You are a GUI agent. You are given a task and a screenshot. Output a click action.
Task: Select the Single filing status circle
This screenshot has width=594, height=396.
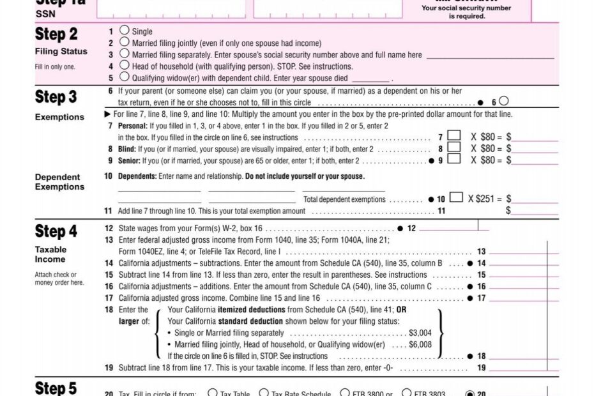coord(125,31)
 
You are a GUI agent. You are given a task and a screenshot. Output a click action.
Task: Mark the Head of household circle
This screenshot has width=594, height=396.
coord(125,66)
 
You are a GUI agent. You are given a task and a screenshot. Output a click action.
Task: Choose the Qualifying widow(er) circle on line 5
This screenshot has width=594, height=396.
coord(125,77)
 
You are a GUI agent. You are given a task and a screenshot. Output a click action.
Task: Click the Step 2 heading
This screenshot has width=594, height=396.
coord(56,34)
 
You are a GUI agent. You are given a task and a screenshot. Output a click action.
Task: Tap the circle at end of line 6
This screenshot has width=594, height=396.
coord(504,101)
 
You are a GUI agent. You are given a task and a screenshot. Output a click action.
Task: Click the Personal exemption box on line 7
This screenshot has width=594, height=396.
coord(454,136)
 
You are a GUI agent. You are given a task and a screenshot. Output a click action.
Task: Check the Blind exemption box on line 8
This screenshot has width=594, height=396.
coord(454,148)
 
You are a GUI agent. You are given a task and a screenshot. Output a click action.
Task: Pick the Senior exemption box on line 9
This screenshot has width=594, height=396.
coord(454,159)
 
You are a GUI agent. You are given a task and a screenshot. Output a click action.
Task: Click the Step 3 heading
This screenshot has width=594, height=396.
coord(56,97)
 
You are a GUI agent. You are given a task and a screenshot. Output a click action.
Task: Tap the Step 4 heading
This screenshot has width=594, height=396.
coord(56,231)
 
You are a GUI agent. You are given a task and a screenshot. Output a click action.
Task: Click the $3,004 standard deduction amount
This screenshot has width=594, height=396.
coord(420,333)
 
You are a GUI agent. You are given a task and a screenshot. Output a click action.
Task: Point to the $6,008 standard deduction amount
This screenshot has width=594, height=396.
coord(420,344)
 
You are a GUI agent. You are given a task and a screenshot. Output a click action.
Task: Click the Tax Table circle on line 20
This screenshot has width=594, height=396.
coord(213,393)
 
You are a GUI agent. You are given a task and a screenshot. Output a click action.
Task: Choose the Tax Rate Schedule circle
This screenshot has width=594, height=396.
coord(264,393)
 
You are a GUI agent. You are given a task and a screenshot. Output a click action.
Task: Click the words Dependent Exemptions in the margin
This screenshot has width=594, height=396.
coord(59,182)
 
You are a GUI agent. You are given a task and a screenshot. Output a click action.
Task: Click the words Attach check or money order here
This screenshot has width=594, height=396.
coord(59,278)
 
